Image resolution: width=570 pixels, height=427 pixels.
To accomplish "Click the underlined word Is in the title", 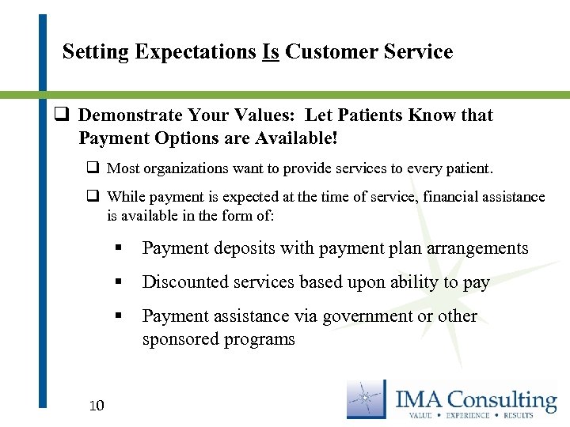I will pyautogui.click(x=270, y=52).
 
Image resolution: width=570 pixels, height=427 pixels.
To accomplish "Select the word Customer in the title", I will pyautogui.click(x=328, y=52).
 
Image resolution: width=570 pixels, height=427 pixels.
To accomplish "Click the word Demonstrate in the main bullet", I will pyautogui.click(x=131, y=115).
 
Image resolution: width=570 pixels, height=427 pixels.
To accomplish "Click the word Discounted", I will pyautogui.click(x=180, y=282).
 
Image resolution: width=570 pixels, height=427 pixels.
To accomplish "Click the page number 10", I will pyautogui.click(x=97, y=406).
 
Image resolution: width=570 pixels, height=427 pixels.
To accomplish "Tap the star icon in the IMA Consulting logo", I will pyautogui.click(x=367, y=399).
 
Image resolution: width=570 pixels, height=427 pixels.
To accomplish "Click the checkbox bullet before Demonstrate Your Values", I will pyautogui.click(x=59, y=115).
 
